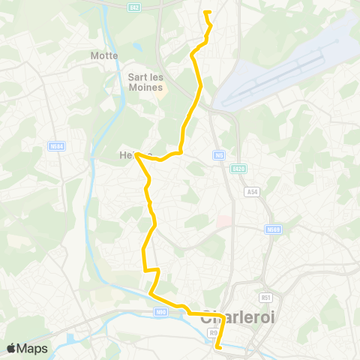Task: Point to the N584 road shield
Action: (56, 146)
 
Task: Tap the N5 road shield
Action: (218, 155)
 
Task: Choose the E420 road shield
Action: (238, 168)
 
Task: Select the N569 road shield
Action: (272, 229)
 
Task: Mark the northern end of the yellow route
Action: (205, 12)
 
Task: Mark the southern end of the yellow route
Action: (218, 348)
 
